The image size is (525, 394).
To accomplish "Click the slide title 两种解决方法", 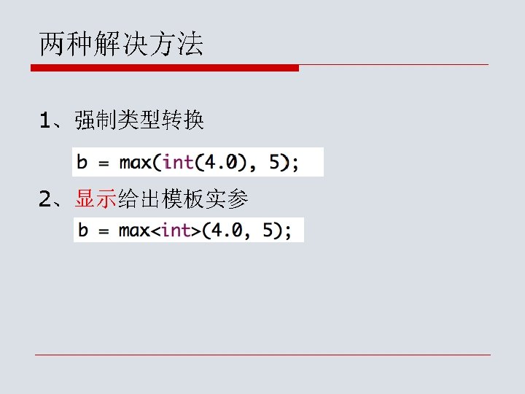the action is pos(121,46).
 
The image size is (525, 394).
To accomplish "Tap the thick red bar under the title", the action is pos(165,68).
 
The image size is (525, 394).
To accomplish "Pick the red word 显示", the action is pos(96,198).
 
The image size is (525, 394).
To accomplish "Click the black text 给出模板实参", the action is pos(183,198).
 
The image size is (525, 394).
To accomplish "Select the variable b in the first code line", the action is pos(83,162).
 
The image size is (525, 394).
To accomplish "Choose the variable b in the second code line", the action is pos(83,231).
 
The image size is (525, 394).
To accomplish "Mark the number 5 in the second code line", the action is pos(268,231).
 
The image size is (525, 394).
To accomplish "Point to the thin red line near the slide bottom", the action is pos(262,355).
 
